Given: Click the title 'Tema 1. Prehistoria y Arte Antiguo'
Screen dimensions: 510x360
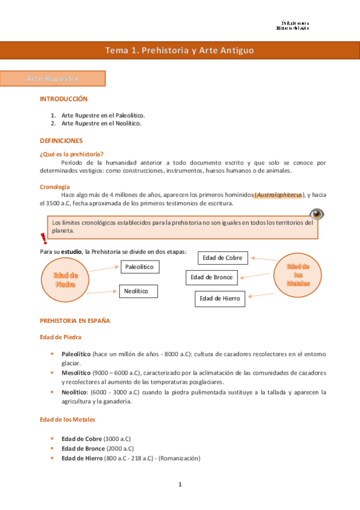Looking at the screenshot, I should (180, 51).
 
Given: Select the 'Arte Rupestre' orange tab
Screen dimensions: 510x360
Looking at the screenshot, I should (53, 79).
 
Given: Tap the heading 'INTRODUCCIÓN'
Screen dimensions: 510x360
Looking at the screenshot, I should (63, 99).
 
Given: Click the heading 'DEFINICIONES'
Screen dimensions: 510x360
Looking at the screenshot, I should (61, 140).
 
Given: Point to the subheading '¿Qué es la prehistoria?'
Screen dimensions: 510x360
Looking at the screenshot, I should (72, 154).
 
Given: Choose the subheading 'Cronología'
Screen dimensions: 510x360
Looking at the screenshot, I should (55, 186).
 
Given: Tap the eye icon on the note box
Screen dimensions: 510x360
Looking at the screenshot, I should (316, 214).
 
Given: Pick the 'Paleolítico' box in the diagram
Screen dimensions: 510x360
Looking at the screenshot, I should (139, 266).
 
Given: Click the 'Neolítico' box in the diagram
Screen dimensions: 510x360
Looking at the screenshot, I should (138, 291).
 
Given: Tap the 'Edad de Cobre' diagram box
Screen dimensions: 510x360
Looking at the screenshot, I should (222, 258).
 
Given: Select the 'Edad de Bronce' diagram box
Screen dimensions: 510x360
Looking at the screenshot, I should (212, 277).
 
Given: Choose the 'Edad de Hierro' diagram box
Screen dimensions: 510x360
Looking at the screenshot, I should (220, 298).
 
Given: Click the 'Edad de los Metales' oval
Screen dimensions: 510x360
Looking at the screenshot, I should (298, 275).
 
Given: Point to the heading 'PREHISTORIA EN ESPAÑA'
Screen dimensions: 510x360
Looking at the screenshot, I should (75, 321).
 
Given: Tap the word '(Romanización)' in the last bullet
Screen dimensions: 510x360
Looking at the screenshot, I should (178, 458).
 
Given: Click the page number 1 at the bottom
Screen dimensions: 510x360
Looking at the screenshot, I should (180, 484).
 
